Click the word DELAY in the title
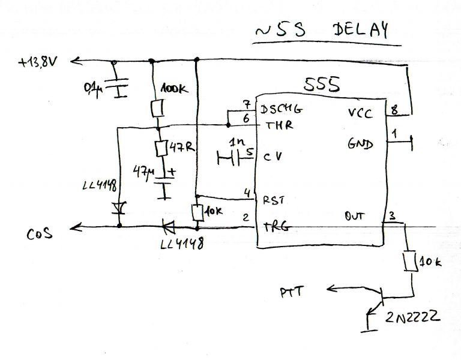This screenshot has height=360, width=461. [x=360, y=29]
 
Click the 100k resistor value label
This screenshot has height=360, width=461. [x=174, y=89]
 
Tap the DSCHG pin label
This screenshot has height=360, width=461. [x=281, y=109]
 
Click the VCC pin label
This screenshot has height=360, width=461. [x=360, y=113]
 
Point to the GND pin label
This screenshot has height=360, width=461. [x=360, y=144]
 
